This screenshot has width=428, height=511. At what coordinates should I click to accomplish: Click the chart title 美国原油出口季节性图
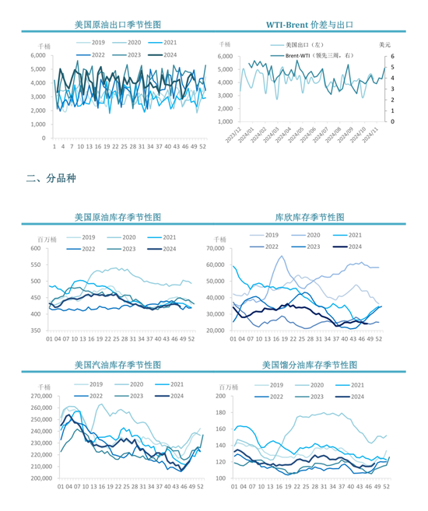(118, 26)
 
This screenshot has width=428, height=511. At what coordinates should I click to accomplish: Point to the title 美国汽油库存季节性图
(118, 364)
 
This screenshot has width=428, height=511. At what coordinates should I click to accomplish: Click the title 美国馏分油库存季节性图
(310, 364)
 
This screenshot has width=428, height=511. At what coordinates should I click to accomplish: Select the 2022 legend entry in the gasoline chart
(98, 396)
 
